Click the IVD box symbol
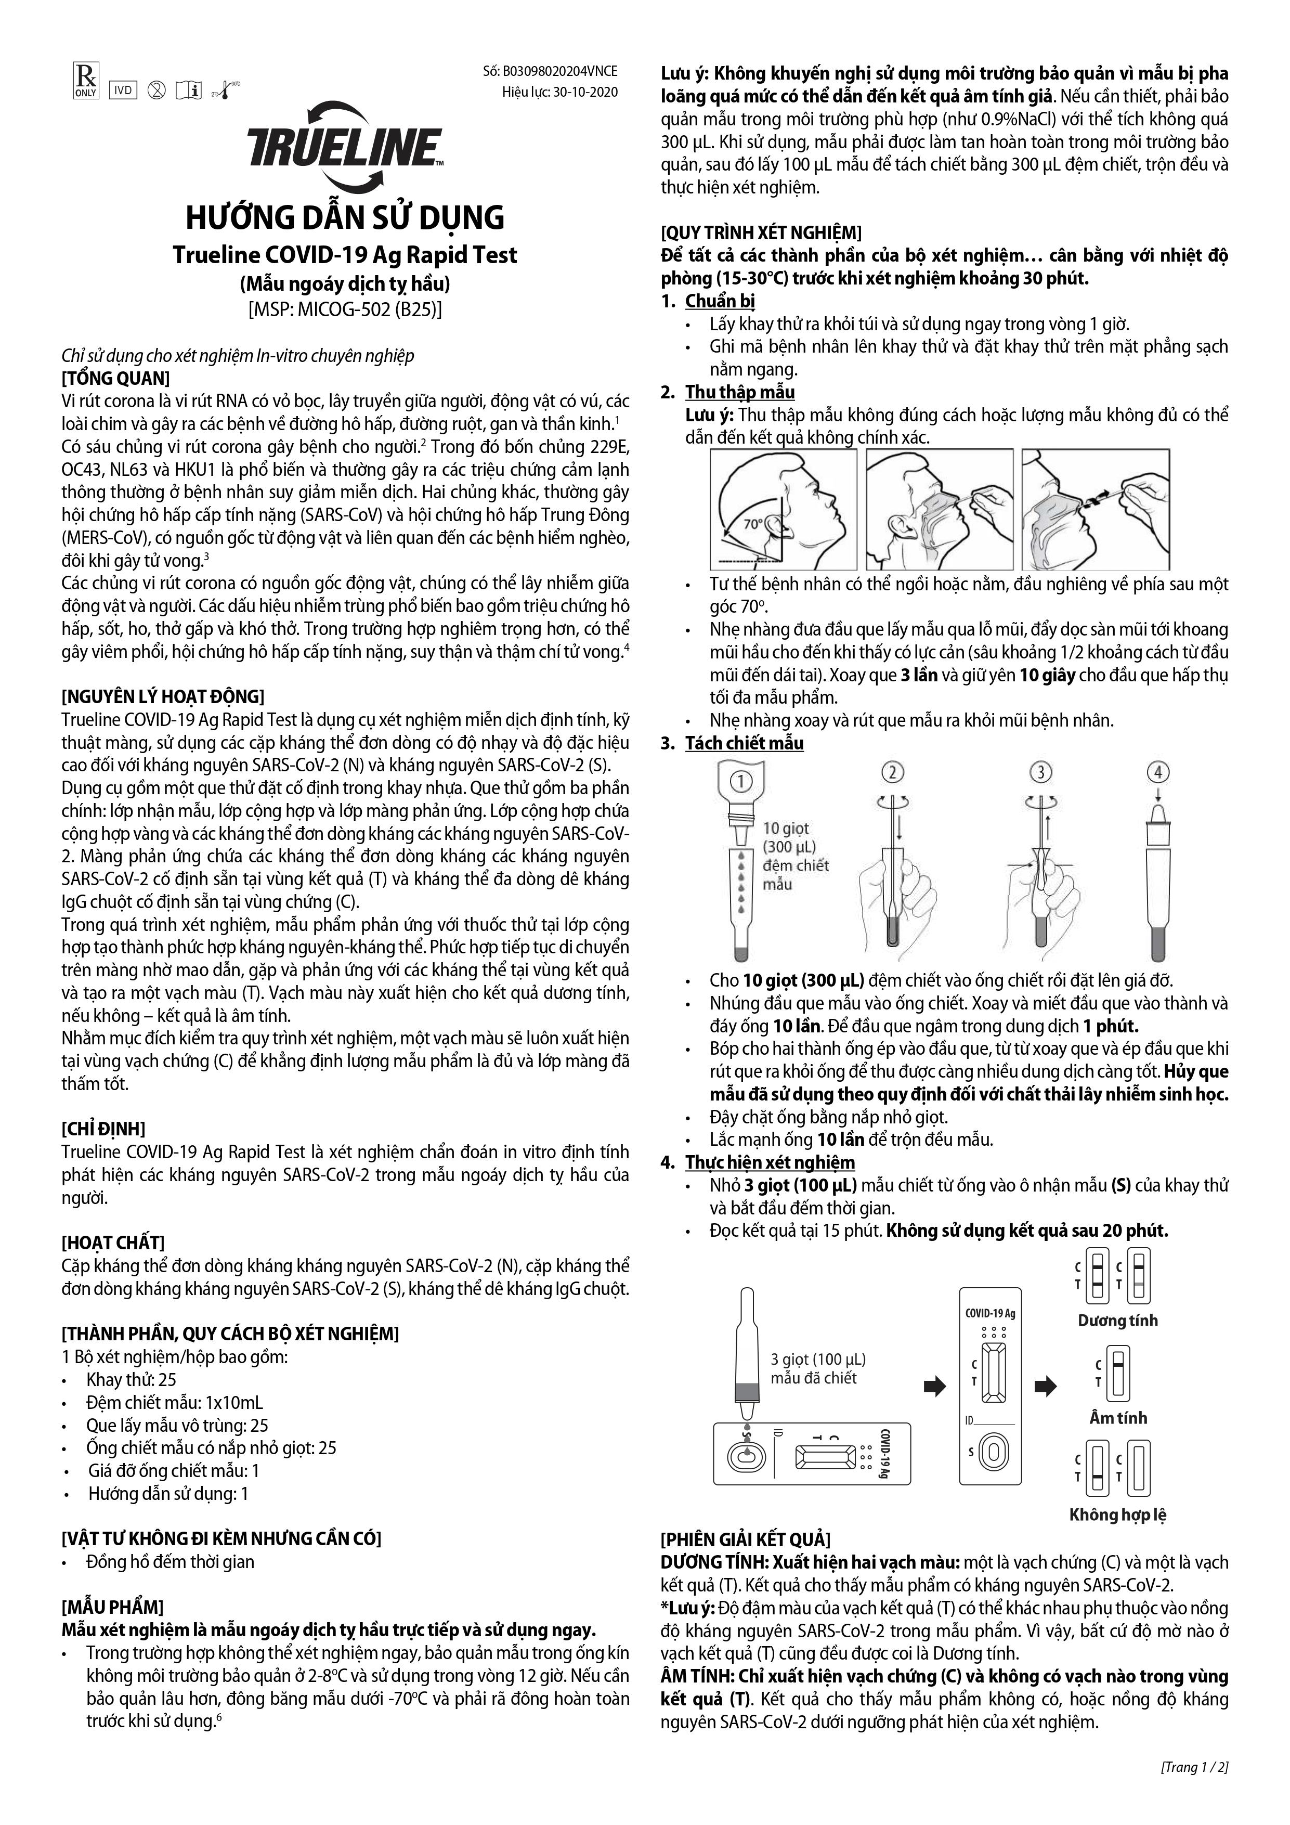click(x=122, y=90)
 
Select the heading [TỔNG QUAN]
click(x=116, y=378)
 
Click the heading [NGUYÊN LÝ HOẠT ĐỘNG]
click(x=162, y=697)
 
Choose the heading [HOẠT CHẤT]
click(x=113, y=1243)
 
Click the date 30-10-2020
click(x=586, y=92)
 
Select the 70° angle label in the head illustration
click(x=753, y=525)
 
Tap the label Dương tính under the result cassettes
click(x=1117, y=1321)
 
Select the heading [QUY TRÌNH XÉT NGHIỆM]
click(x=761, y=233)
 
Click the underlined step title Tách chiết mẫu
click(x=744, y=743)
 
